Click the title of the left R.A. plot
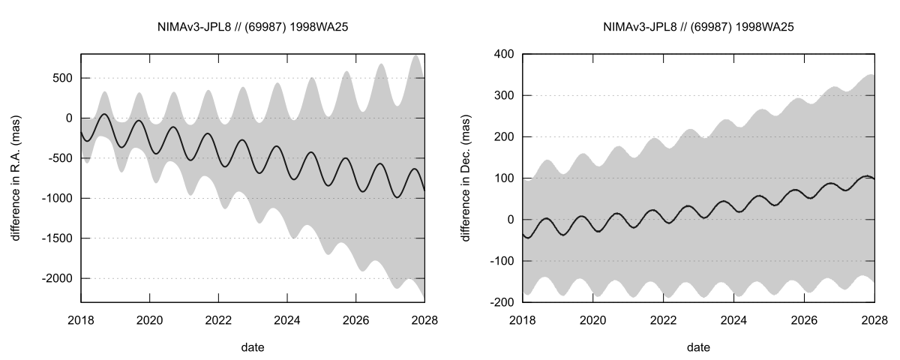click(x=253, y=27)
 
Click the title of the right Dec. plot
click(x=698, y=27)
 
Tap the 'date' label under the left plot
click(x=253, y=347)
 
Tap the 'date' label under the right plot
click(x=698, y=347)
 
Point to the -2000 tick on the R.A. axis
click(x=58, y=278)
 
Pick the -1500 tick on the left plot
click(x=58, y=238)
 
